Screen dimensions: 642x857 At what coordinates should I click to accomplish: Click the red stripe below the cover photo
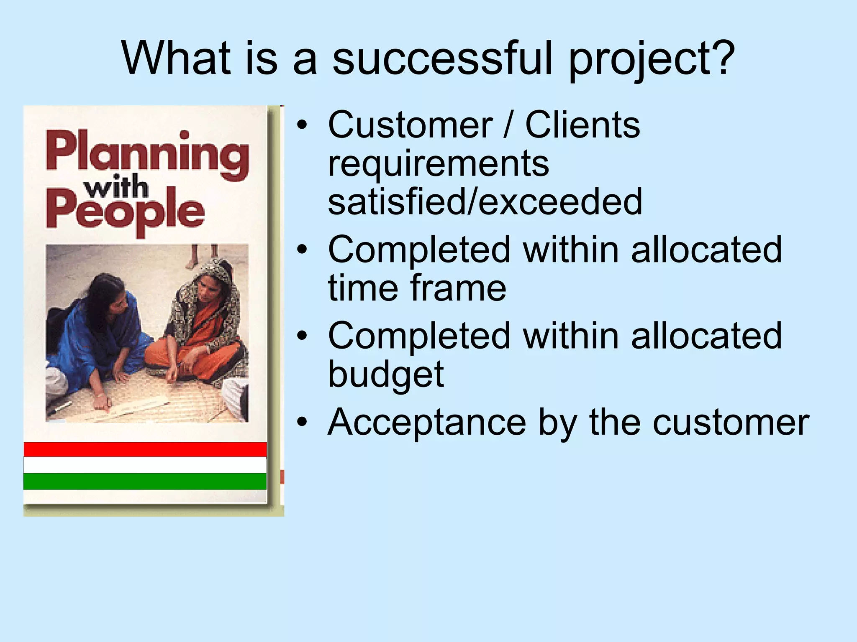[145, 449]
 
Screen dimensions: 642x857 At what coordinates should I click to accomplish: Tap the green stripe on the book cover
[145, 481]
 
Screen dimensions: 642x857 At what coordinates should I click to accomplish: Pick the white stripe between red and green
[145, 465]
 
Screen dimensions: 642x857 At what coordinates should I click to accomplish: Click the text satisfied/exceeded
[485, 202]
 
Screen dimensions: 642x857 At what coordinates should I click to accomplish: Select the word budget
[385, 374]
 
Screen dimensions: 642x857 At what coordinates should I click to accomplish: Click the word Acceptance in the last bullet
[427, 422]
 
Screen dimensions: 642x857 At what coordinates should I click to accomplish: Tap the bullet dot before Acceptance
[302, 422]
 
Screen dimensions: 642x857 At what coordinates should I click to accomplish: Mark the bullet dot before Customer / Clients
[302, 125]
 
